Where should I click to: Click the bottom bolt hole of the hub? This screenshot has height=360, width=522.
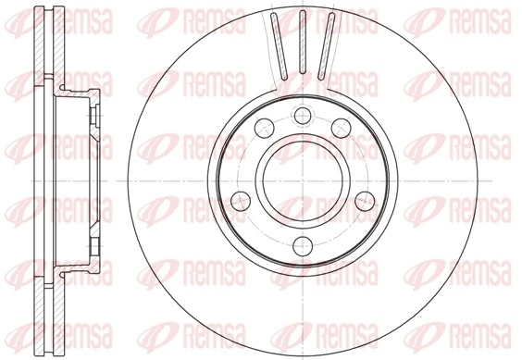click(x=303, y=244)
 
